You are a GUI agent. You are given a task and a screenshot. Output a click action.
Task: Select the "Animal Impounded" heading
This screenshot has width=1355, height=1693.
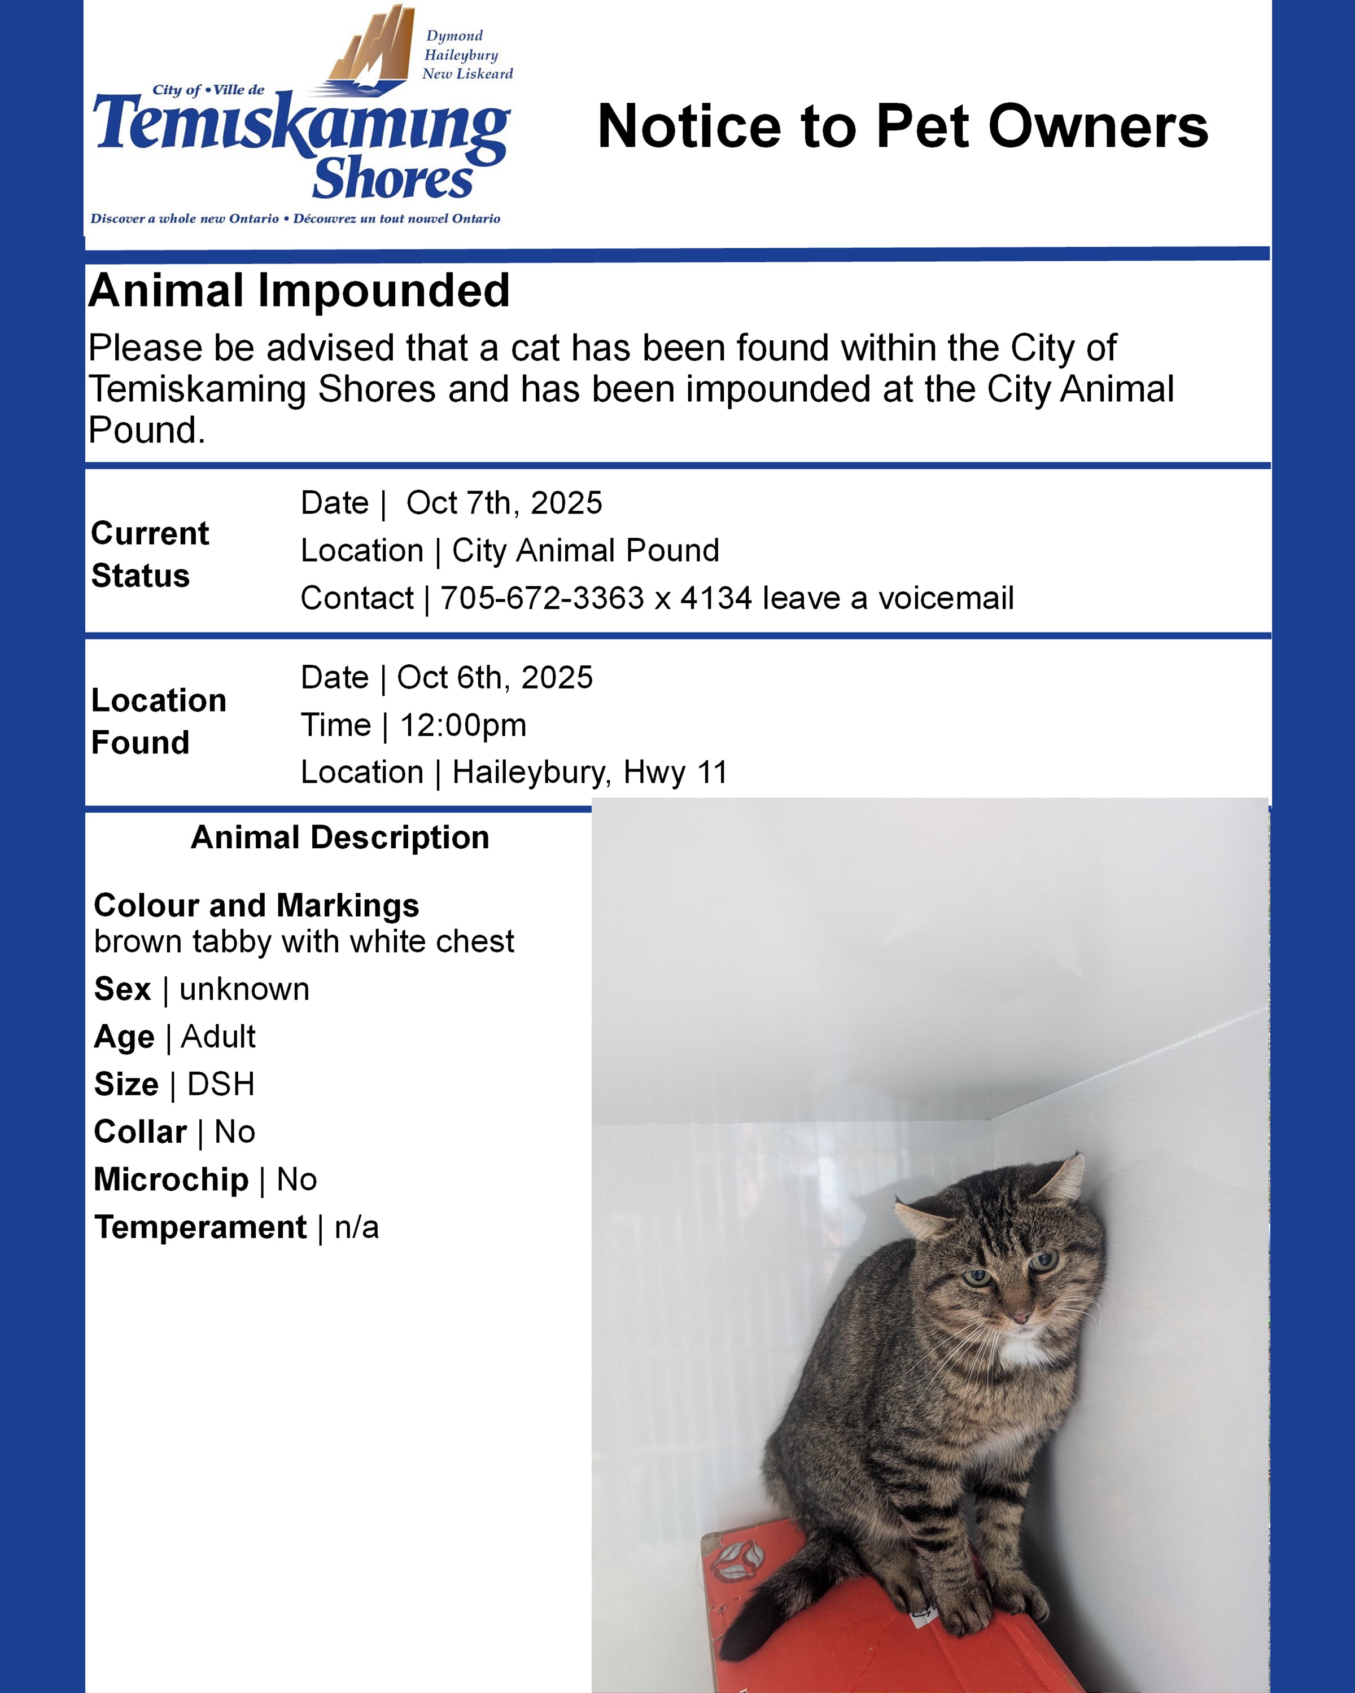click(x=299, y=291)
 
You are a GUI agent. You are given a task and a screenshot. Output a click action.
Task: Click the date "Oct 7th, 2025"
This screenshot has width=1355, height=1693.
click(x=504, y=503)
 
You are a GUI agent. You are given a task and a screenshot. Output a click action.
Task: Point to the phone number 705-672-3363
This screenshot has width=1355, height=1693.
click(x=542, y=598)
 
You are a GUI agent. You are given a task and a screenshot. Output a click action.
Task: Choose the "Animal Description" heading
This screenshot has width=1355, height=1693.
click(x=339, y=838)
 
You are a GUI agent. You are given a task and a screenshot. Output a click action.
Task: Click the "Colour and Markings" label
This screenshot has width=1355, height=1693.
click(x=256, y=905)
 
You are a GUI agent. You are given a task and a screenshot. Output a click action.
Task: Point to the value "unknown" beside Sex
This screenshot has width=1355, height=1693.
click(x=244, y=989)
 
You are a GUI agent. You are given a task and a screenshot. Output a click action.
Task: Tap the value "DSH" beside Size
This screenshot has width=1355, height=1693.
click(x=221, y=1085)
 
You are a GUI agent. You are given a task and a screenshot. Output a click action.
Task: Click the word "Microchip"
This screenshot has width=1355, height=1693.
click(x=171, y=1179)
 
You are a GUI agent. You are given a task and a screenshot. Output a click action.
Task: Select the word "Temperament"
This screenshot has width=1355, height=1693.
click(x=200, y=1227)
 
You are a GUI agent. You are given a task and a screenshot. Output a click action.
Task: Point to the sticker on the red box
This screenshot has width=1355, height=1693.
click(x=736, y=1562)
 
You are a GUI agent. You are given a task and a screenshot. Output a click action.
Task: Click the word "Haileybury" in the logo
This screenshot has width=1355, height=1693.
click(x=461, y=55)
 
